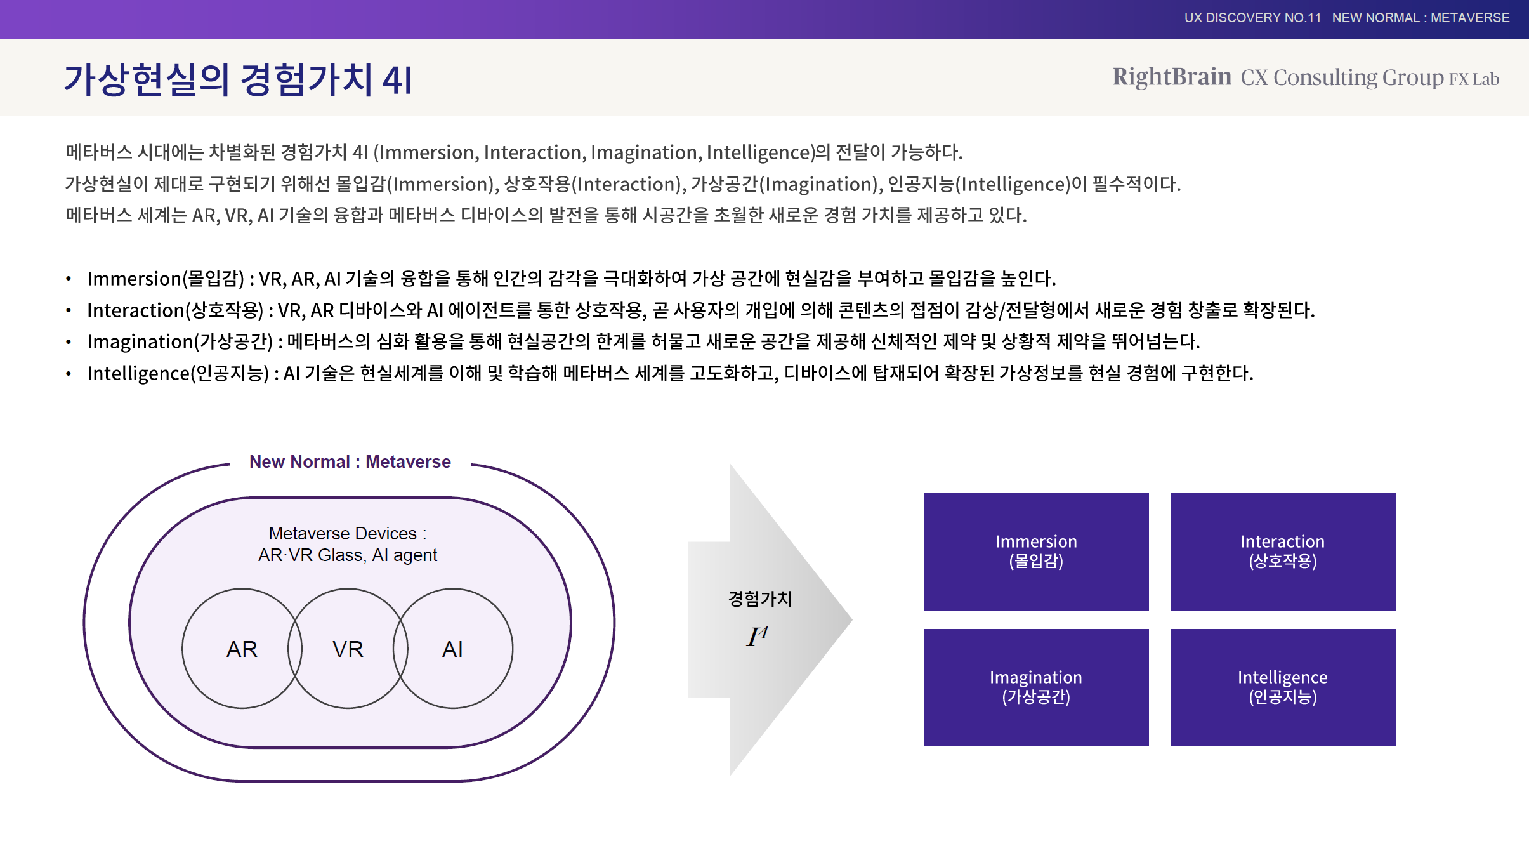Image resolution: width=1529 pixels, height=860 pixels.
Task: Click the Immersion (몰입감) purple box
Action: [1036, 552]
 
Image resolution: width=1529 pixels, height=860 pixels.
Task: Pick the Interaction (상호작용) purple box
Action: [1283, 552]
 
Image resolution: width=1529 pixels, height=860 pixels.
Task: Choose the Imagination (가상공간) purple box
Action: [1036, 687]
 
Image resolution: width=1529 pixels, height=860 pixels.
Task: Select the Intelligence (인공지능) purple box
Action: [1283, 687]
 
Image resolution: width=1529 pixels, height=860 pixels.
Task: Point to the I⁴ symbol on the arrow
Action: [757, 636]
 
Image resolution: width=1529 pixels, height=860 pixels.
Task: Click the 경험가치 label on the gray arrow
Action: [760, 599]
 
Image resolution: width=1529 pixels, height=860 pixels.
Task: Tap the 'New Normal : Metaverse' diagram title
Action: [350, 461]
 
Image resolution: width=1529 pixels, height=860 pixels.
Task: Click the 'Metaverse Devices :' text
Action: [348, 533]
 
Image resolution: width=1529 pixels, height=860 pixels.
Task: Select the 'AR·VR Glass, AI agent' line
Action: [348, 555]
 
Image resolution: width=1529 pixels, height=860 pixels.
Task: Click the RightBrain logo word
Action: [1172, 77]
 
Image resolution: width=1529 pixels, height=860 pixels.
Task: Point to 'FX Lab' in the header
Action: [1474, 79]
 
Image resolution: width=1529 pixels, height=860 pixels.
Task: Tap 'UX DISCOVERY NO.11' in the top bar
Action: [1252, 18]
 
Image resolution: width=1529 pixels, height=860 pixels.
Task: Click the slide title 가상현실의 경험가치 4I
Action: [239, 80]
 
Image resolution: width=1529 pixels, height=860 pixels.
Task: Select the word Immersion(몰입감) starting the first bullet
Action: [166, 279]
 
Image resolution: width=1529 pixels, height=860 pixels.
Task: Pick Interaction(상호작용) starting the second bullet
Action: [175, 310]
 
